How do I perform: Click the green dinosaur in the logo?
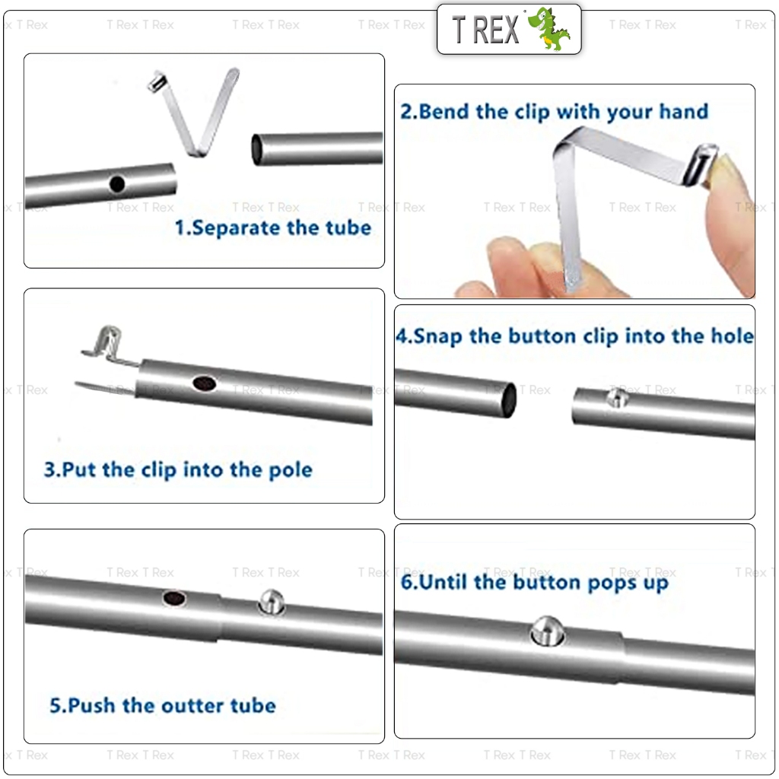(x=548, y=29)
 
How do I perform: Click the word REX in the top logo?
(x=496, y=30)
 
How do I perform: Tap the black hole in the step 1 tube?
(x=116, y=184)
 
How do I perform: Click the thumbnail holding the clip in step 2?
(x=725, y=171)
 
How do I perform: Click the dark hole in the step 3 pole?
(x=204, y=383)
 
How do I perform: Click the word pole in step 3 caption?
(x=290, y=470)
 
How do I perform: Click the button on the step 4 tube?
(x=618, y=397)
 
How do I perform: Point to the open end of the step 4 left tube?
(x=510, y=400)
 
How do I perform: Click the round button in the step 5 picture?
(x=272, y=603)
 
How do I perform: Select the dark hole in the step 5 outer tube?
(x=174, y=598)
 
